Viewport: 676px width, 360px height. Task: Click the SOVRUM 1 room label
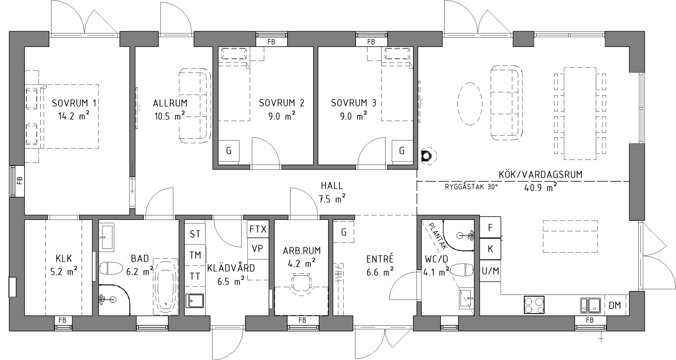(74, 103)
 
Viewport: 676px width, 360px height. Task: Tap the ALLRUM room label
(170, 103)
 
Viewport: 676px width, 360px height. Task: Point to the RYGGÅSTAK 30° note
(471, 187)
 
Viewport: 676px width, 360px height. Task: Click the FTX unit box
(258, 229)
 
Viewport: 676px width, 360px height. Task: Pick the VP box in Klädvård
(258, 248)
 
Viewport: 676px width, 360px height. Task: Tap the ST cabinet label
(195, 234)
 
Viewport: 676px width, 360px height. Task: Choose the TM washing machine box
(195, 255)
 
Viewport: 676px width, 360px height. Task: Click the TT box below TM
(195, 276)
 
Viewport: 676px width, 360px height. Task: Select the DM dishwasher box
(615, 305)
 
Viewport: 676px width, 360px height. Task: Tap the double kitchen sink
(590, 305)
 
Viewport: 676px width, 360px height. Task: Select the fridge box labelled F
(490, 228)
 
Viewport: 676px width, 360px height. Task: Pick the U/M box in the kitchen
(490, 271)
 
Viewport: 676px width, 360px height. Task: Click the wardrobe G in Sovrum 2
(229, 151)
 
